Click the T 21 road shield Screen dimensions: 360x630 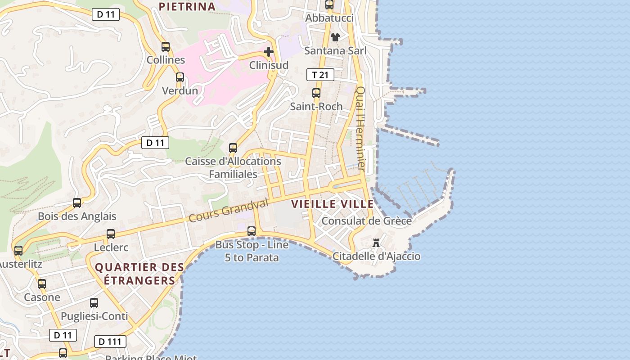click(x=320, y=75)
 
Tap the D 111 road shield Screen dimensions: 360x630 click(x=110, y=342)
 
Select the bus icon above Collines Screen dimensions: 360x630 click(x=166, y=46)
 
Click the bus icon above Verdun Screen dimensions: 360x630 click(x=180, y=77)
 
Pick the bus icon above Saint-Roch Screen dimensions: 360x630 click(x=316, y=93)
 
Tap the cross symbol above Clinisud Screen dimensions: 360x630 click(x=269, y=52)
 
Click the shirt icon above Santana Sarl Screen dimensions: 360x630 click(x=335, y=37)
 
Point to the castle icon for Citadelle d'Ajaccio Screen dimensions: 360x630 click(x=376, y=243)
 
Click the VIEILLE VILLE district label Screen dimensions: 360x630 click(x=332, y=204)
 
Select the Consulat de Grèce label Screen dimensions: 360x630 click(x=366, y=221)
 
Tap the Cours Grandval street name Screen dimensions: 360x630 click(x=228, y=211)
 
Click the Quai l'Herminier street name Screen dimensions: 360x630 click(x=360, y=129)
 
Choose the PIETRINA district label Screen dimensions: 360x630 click(x=187, y=6)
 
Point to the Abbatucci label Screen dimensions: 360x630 click(x=329, y=18)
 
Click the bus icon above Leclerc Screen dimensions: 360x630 click(x=111, y=234)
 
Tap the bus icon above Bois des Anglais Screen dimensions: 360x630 click(x=77, y=203)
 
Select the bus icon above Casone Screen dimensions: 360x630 click(x=42, y=284)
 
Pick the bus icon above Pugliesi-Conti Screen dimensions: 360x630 click(x=94, y=303)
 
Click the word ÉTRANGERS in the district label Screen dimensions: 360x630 click(x=139, y=280)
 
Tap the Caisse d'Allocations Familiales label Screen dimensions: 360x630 click(x=233, y=167)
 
